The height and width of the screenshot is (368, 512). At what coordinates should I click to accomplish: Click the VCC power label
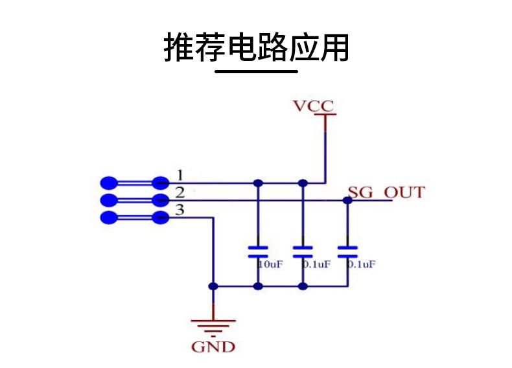314,106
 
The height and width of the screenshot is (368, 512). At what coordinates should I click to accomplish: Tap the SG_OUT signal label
386,192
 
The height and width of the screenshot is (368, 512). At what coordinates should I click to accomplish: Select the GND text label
213,347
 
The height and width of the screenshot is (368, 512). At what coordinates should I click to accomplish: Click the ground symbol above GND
213,326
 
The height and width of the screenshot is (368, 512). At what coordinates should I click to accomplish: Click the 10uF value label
270,264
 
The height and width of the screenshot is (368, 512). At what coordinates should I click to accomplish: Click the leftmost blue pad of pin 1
109,183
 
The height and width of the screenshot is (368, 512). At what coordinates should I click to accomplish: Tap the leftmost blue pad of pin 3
109,218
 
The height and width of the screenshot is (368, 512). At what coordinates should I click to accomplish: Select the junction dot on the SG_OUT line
347,200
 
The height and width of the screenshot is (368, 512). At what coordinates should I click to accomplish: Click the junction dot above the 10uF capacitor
258,183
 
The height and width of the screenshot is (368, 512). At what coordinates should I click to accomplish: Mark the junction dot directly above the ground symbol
213,286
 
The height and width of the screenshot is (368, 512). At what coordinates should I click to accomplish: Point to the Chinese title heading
256,47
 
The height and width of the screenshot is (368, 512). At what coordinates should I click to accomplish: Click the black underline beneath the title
256,71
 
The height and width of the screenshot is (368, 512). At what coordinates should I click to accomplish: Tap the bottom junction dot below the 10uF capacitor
258,286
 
